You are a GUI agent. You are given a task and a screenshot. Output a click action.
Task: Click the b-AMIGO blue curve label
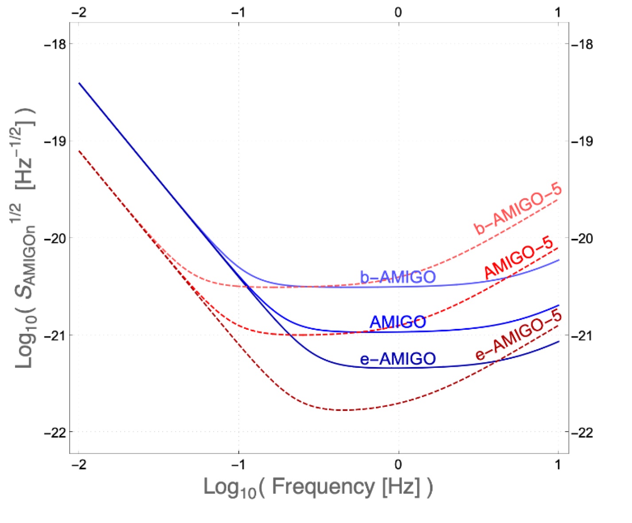398,277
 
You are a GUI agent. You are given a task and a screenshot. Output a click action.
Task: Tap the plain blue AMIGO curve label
398,322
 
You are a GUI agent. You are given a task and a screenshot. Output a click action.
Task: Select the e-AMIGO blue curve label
398,359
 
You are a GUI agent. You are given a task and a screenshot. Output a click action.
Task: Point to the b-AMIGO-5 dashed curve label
518,209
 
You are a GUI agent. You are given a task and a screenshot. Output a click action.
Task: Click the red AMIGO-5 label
519,258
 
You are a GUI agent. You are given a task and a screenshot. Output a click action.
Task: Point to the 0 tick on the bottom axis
398,464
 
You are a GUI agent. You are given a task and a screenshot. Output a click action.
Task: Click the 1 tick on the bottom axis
558,464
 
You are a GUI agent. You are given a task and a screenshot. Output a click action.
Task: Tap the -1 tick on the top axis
238,12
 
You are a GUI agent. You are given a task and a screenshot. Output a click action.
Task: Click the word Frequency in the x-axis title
323,487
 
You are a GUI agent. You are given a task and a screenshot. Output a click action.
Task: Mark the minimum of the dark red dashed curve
343,410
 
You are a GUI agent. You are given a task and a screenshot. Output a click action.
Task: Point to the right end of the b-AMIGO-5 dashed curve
558,199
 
